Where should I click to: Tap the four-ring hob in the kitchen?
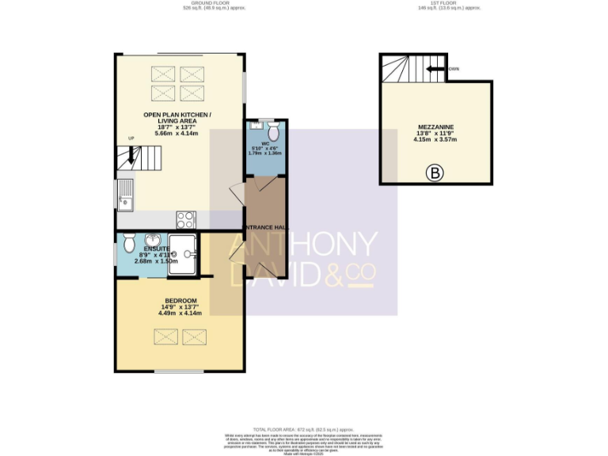[x=185, y=219]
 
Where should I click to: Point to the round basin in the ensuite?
[x=190, y=254]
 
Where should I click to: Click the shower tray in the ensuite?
[x=181, y=253]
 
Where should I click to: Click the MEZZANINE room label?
[x=436, y=126]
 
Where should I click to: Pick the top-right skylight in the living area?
[x=192, y=75]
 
